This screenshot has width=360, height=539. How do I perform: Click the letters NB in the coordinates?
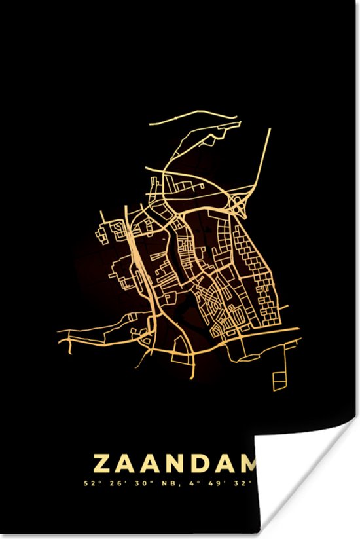click(168, 485)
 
